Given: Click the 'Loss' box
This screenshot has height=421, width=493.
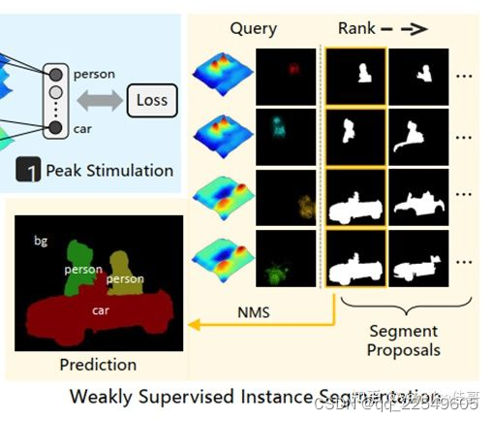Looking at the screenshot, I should (151, 99).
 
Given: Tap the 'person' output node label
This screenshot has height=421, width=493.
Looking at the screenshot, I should (93, 74).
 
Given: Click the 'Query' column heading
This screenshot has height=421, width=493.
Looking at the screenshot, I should (253, 29).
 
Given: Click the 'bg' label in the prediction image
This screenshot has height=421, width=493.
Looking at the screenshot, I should (41, 240).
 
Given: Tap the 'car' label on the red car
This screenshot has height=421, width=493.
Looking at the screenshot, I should (100, 311).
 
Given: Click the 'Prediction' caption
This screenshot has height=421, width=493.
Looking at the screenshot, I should (98, 365).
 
